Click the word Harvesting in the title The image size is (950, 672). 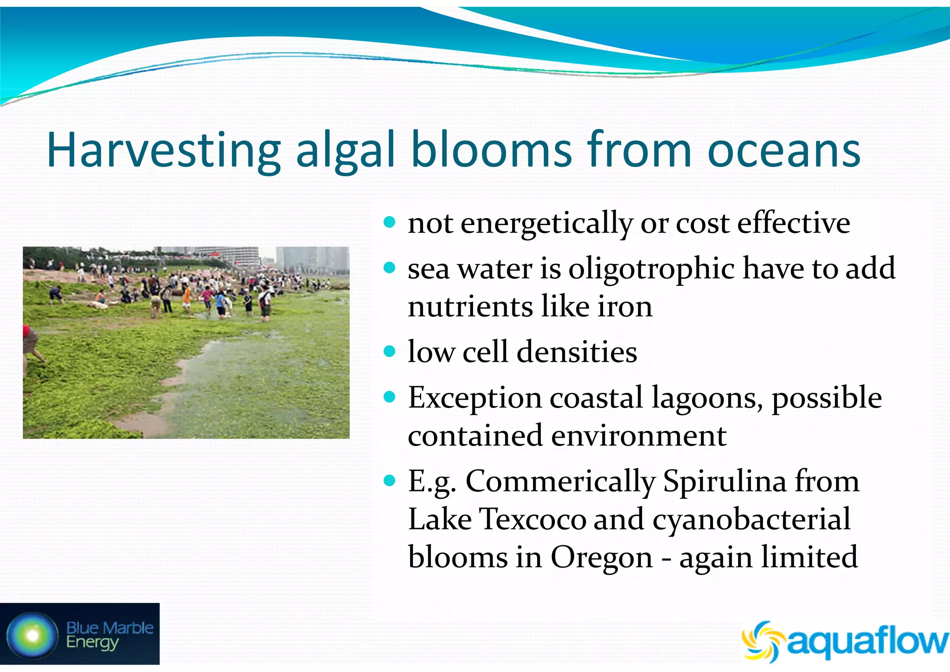point(163,151)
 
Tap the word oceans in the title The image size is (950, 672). point(784,151)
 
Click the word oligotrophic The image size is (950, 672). point(652,269)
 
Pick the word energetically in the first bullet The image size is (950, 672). point(546,224)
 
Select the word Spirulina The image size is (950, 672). point(725,481)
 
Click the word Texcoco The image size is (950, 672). point(533,519)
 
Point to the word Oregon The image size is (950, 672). point(602,557)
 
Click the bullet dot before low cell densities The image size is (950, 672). point(390,351)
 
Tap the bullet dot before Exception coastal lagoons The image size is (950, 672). point(390,397)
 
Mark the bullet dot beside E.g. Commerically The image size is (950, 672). point(390,480)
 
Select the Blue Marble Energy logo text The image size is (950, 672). point(109,635)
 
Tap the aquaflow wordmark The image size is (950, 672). point(867,642)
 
